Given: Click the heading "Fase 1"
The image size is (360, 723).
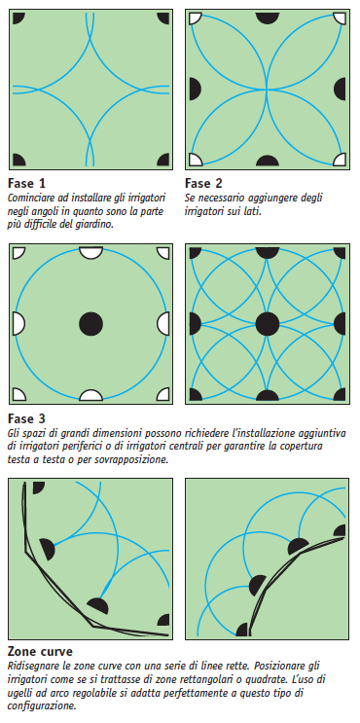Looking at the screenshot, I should (26, 183).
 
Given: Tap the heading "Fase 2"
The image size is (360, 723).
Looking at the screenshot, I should (204, 183).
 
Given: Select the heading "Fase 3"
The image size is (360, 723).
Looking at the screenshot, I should (26, 419).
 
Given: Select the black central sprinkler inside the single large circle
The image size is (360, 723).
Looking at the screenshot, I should (90, 322).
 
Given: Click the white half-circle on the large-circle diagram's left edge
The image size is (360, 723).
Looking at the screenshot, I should (17, 322).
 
